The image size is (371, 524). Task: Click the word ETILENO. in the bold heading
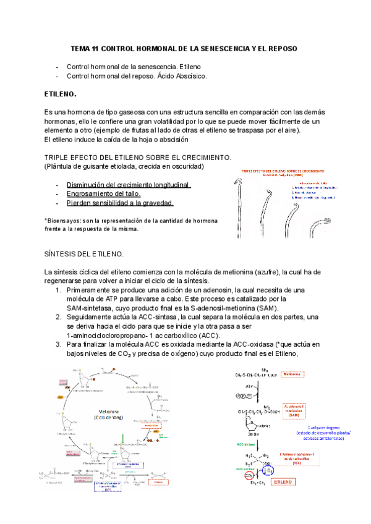click(x=61, y=95)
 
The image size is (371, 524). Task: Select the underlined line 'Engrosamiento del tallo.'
click(x=105, y=193)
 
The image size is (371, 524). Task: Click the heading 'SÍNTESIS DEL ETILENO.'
click(x=84, y=254)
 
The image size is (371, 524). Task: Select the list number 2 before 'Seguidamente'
click(x=58, y=316)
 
